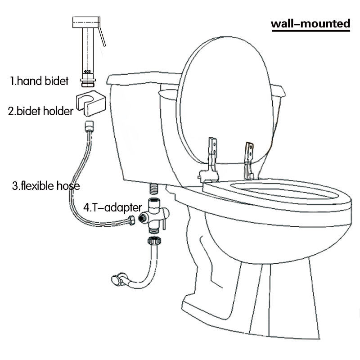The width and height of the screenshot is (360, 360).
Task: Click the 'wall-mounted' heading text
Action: click(310, 24)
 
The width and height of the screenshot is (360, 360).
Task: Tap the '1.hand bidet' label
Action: click(39, 81)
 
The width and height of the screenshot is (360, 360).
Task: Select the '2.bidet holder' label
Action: click(40, 111)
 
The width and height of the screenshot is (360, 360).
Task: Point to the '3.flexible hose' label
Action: click(46, 186)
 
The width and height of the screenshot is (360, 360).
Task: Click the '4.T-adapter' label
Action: click(112, 207)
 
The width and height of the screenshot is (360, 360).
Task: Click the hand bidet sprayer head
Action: click(86, 22)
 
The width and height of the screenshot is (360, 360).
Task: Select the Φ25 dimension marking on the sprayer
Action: click(87, 72)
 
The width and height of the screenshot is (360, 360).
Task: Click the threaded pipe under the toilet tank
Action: click(154, 188)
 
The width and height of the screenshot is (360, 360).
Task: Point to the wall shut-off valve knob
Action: click(116, 280)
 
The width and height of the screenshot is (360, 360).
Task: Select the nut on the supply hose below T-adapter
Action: click(154, 240)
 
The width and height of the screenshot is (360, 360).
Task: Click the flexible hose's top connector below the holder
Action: click(89, 126)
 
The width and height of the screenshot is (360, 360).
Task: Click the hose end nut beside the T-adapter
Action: click(132, 220)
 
